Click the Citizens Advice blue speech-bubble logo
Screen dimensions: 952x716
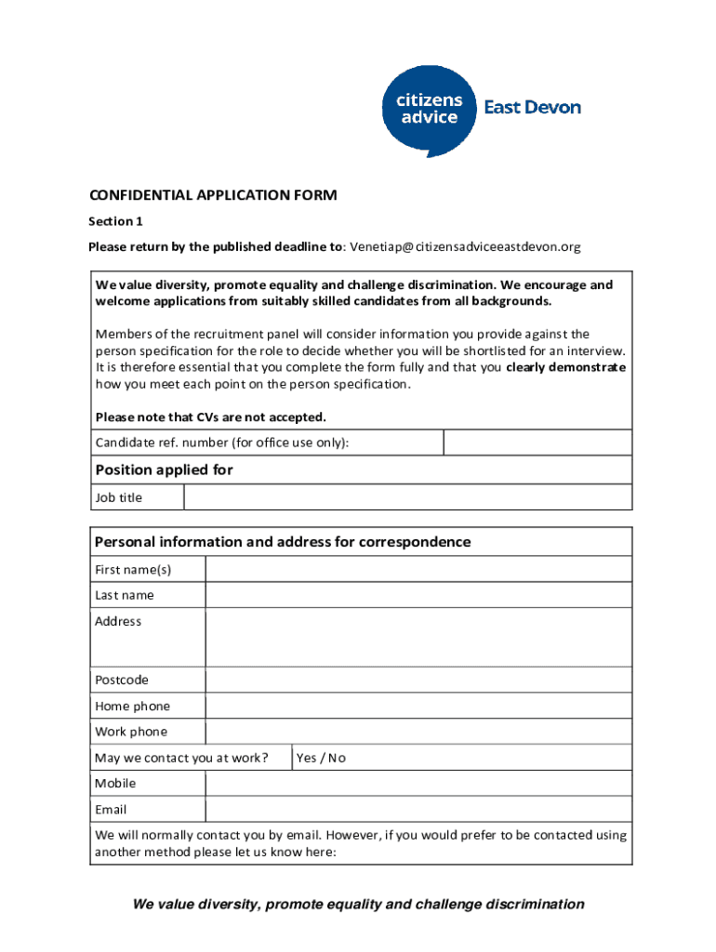pos(428,109)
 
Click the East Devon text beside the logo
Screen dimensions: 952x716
pos(532,108)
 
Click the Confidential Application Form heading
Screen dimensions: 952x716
pos(212,195)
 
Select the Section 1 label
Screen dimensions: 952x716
pos(115,221)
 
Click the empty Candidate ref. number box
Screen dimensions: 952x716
pos(537,443)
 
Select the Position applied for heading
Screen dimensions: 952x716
pos(164,470)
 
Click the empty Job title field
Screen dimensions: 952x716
pos(407,497)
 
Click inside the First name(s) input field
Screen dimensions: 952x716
pos(418,569)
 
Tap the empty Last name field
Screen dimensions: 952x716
pos(418,595)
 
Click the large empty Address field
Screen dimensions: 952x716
pos(418,638)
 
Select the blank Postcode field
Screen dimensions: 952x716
pos(418,681)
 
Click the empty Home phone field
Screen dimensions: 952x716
pos(418,707)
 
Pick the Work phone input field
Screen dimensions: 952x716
pos(418,732)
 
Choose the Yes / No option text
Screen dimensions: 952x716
pos(321,758)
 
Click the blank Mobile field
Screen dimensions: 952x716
pos(418,784)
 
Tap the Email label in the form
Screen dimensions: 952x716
pos(111,810)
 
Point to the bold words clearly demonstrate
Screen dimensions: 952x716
pos(566,367)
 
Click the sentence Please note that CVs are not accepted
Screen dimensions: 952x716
pos(210,416)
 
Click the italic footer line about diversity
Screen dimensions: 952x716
pos(358,904)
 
